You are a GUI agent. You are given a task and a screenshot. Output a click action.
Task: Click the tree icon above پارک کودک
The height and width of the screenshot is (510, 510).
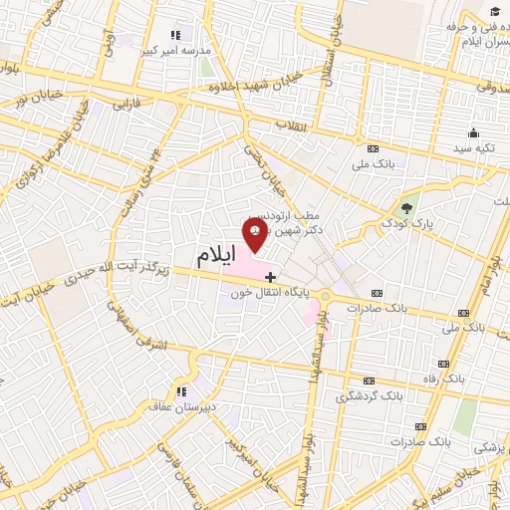[404, 209]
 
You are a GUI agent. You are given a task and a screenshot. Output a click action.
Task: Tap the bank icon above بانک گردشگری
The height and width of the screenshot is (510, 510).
[370, 381]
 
